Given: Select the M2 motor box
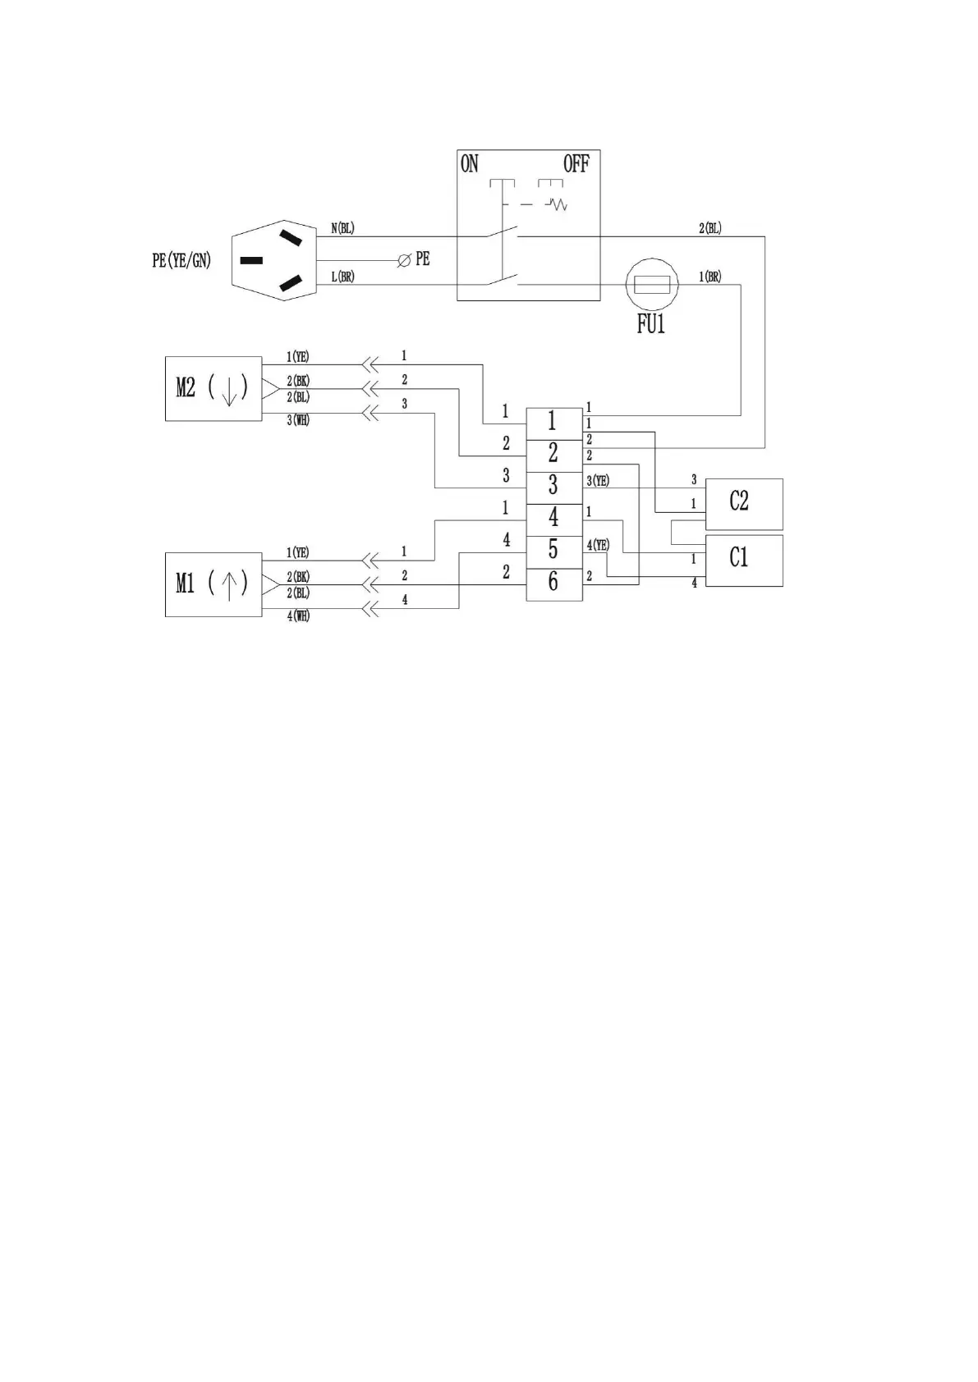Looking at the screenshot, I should [x=214, y=388].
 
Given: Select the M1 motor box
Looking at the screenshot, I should [x=214, y=583].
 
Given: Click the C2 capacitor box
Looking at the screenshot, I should [x=744, y=503].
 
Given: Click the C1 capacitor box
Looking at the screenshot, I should [x=744, y=560].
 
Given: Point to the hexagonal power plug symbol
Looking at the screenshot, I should [x=274, y=261].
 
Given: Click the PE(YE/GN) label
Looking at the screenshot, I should [x=181, y=261].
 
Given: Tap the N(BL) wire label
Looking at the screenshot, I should [x=342, y=228].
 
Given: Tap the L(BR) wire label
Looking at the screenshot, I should [x=342, y=277].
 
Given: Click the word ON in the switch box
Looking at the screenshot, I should [x=470, y=164].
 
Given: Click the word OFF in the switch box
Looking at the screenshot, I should [x=576, y=164].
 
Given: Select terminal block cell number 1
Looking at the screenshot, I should [x=553, y=422].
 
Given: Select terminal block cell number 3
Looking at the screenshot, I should [x=553, y=486].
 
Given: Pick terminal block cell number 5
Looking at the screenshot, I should [x=553, y=550].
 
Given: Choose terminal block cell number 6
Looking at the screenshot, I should [x=553, y=582].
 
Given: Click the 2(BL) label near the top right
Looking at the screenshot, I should [x=710, y=228].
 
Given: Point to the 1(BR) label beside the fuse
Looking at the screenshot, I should [x=709, y=277].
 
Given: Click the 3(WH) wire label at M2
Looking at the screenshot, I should [x=298, y=420].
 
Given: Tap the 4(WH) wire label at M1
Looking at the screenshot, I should [x=298, y=615].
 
